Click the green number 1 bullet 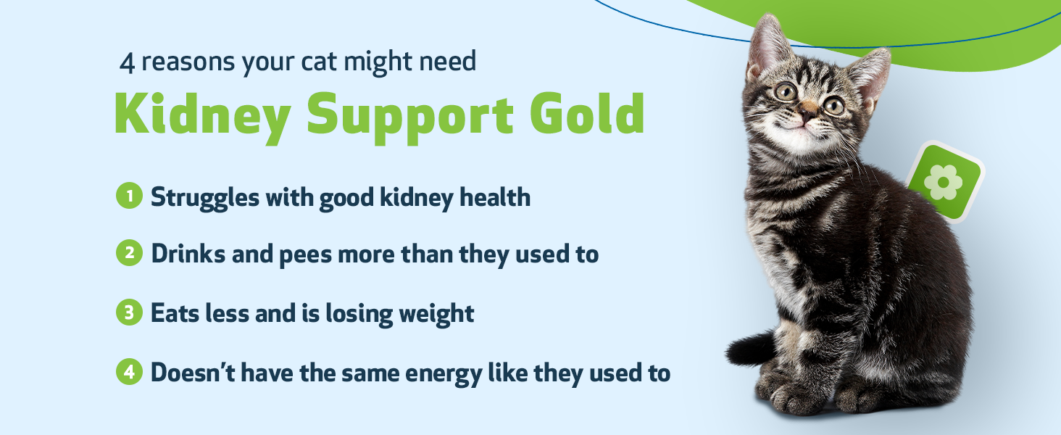129,196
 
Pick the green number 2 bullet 129,254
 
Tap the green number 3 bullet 129,313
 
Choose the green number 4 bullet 129,373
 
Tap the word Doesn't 191,373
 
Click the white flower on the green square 943,181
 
